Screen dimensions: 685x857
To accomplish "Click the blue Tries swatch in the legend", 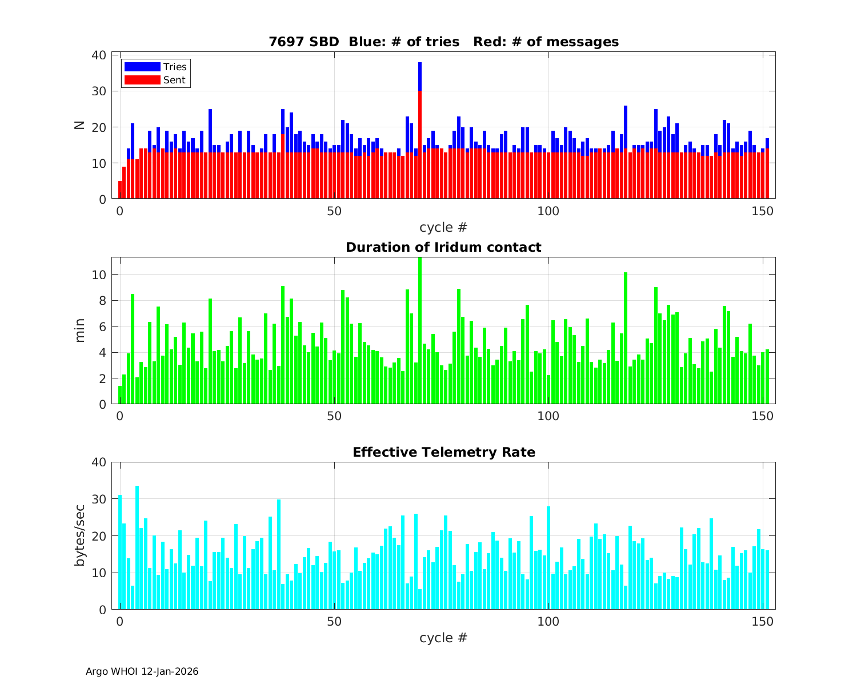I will tap(142, 67).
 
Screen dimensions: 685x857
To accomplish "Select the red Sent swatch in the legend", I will tap(142, 80).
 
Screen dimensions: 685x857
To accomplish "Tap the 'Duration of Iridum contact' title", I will tap(443, 247).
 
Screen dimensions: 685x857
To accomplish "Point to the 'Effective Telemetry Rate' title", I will tap(443, 452).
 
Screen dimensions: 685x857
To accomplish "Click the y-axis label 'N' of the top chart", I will tap(79, 125).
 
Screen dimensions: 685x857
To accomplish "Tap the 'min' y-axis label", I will tap(79, 331).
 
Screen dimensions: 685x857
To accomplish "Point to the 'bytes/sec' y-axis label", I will tap(79, 535).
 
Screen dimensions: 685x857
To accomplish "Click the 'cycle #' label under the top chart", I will tap(443, 227).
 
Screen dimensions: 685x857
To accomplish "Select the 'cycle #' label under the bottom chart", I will tap(443, 638).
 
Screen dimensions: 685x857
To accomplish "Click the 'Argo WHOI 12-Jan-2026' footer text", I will tap(142, 671).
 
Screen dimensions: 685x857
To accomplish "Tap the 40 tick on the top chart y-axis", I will tap(99, 55).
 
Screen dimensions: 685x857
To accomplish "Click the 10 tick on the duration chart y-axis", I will tap(99, 275).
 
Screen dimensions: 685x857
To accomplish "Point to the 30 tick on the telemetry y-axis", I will tap(99, 499).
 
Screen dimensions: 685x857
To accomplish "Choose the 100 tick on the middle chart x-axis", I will tap(548, 416).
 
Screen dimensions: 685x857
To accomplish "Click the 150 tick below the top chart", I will tap(763, 211).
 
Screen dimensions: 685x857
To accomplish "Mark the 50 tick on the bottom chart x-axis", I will tap(334, 621).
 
